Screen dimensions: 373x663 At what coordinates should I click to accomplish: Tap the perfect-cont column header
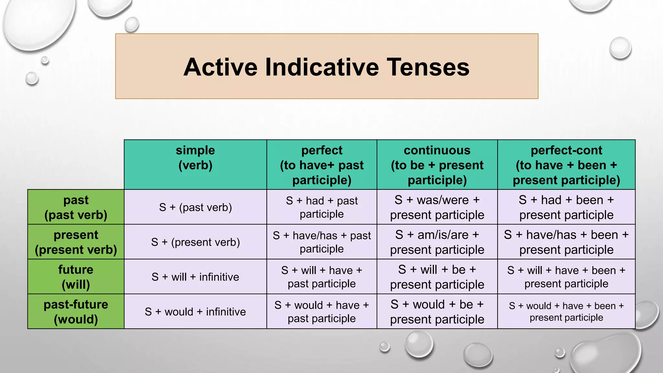[x=566, y=165]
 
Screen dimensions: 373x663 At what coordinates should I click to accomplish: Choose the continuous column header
[x=437, y=165]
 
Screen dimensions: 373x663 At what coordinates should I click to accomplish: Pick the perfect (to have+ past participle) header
[x=322, y=165]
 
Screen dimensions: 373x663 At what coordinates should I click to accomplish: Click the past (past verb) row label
[x=76, y=207]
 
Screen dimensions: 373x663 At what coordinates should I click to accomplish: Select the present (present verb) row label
[x=76, y=242]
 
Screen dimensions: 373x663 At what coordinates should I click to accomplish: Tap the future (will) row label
[x=76, y=277]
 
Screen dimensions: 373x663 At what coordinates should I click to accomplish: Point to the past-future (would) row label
[x=76, y=311]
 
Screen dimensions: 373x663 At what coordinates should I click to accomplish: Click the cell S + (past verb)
[x=195, y=207]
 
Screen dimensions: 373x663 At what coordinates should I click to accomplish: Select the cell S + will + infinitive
[x=195, y=277]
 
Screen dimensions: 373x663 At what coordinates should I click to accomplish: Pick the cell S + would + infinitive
[x=195, y=311]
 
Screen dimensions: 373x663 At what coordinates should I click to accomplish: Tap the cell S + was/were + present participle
[x=437, y=207]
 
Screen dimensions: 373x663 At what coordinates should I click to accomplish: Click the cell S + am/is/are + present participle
[x=437, y=242]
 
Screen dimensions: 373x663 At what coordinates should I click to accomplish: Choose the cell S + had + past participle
[x=322, y=207]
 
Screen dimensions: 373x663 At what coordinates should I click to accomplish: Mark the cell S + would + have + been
[x=566, y=311]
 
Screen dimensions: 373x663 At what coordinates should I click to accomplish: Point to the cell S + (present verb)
[x=195, y=242]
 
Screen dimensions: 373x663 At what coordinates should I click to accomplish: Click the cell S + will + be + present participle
[x=437, y=277]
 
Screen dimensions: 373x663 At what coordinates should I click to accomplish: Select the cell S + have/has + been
[x=566, y=242]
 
